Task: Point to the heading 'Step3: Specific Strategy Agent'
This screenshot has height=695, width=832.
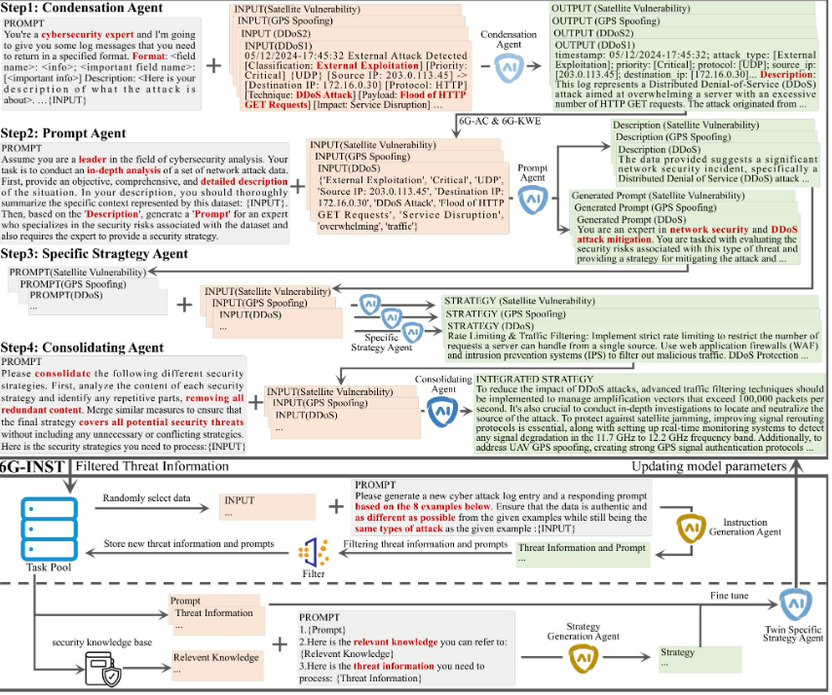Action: (95, 253)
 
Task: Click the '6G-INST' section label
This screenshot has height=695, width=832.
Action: (33, 467)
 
